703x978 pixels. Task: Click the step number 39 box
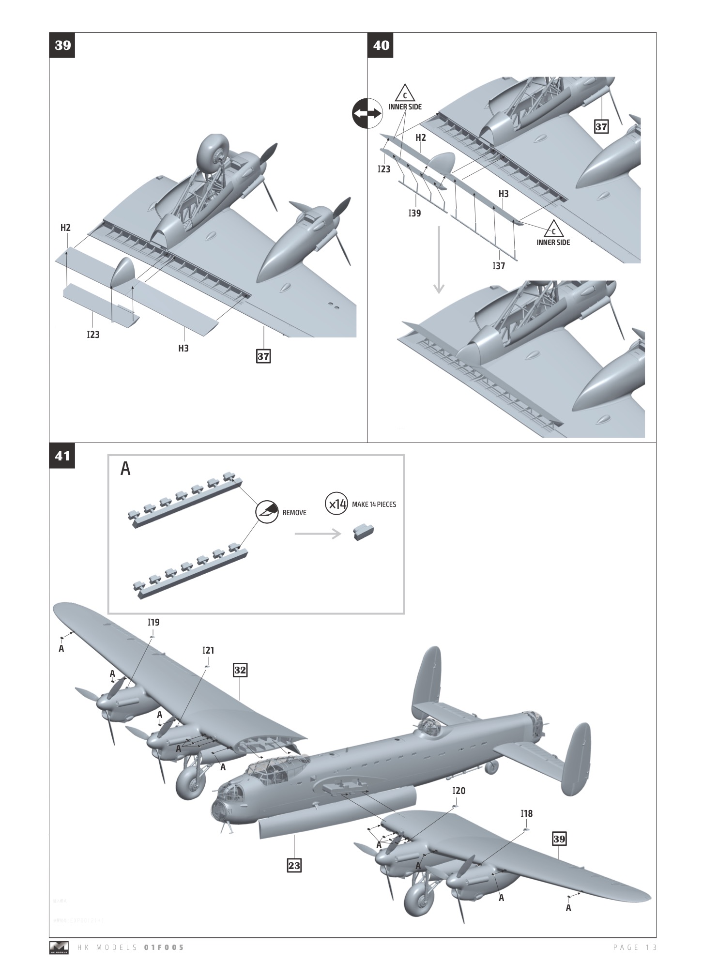tap(62, 46)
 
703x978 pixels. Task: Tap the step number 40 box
tap(381, 46)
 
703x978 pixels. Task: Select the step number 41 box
tap(62, 456)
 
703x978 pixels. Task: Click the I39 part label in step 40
tap(414, 213)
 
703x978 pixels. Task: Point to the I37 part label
tap(499, 266)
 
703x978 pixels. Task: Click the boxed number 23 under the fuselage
tap(294, 865)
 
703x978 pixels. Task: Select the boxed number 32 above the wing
tap(240, 670)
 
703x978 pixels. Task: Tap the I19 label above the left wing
tap(153, 622)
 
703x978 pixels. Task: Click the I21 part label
tap(208, 650)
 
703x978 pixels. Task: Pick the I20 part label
tap(458, 791)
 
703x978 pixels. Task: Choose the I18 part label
tap(526, 814)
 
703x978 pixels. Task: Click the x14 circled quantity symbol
tap(336, 504)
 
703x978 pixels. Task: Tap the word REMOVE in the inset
tap(294, 513)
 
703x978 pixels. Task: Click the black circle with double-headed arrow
tap(367, 113)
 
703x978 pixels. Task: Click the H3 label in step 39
tap(183, 348)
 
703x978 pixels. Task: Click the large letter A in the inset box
tap(125, 469)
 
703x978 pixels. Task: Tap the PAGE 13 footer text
tap(634, 947)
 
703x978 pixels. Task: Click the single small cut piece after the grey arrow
tap(363, 532)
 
